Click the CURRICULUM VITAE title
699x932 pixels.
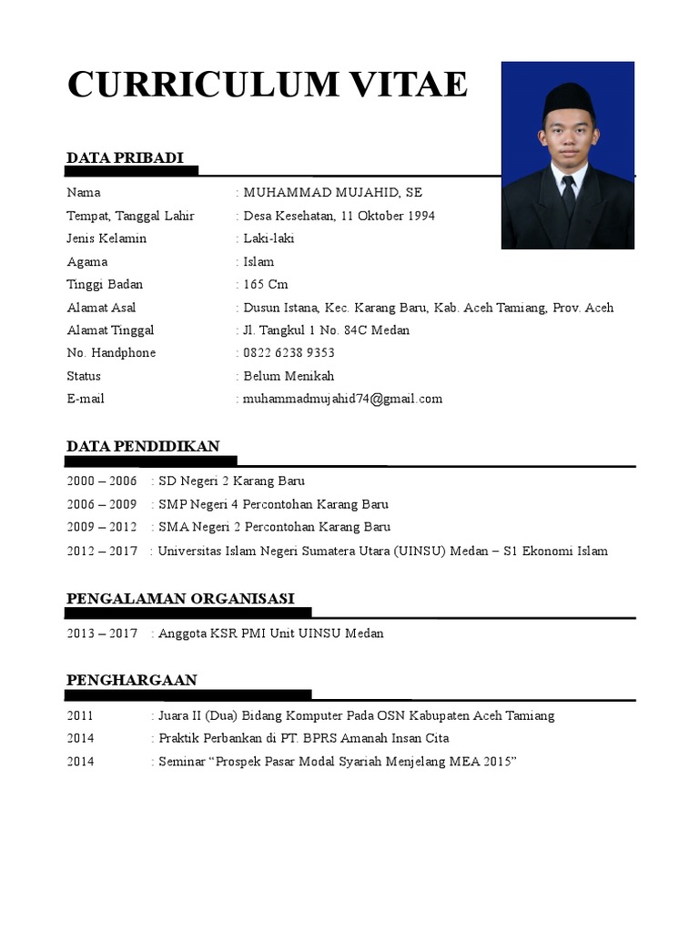point(268,85)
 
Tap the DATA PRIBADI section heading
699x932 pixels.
point(125,158)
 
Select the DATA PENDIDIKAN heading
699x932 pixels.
point(143,446)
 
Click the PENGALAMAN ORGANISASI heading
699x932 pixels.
point(180,598)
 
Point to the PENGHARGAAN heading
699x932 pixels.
point(132,680)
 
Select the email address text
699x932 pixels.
point(342,399)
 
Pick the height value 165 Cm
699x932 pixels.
point(266,285)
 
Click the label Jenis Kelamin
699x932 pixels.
point(106,238)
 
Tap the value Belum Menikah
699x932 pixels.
point(289,376)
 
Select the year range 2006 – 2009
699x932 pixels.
point(101,504)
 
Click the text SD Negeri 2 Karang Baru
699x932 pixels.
point(231,481)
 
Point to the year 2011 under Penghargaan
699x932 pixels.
point(80,715)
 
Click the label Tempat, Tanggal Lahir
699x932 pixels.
point(130,216)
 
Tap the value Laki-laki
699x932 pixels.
point(268,238)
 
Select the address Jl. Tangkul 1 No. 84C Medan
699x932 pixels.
point(326,330)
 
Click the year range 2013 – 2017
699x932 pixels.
point(101,633)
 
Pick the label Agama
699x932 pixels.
point(86,262)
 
